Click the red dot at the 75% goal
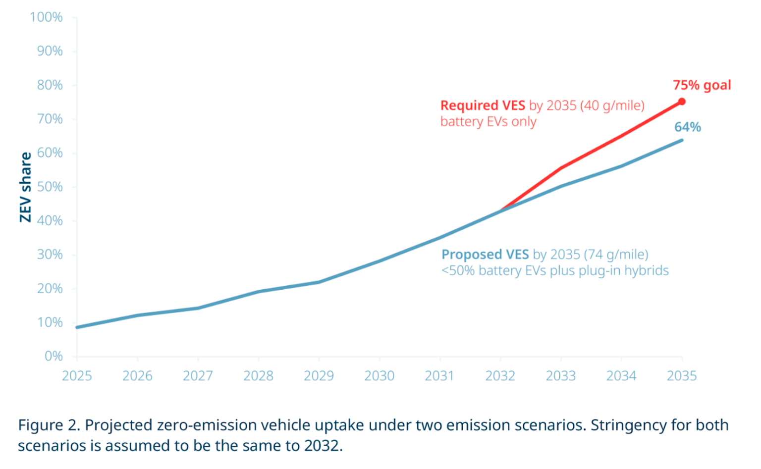[x=682, y=102]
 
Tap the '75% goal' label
[x=702, y=85]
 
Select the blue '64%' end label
[x=687, y=127]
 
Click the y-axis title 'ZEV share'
[x=25, y=187]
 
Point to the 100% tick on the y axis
[x=46, y=17]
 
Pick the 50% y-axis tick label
[x=50, y=187]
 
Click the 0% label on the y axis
[x=54, y=356]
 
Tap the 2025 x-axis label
[x=77, y=375]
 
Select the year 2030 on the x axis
[x=379, y=375]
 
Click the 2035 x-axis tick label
[x=682, y=375]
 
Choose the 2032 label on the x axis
[x=500, y=375]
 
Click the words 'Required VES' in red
[x=483, y=105]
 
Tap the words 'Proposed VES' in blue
[x=485, y=255]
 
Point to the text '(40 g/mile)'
[x=612, y=105]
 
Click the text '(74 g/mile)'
[x=616, y=255]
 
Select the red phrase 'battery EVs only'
[x=488, y=121]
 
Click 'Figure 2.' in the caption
[x=49, y=425]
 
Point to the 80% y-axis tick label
[x=50, y=85]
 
